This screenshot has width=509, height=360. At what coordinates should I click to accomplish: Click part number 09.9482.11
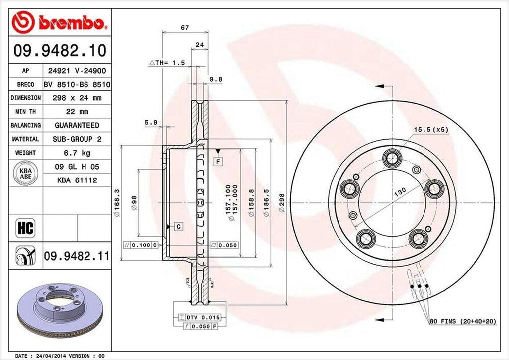pyautogui.click(x=76, y=256)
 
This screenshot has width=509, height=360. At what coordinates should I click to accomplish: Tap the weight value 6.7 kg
pyautogui.click(x=77, y=153)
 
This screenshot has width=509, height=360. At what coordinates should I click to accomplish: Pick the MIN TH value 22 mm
pyautogui.click(x=77, y=112)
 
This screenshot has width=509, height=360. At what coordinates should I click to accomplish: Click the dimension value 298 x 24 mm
pyautogui.click(x=77, y=98)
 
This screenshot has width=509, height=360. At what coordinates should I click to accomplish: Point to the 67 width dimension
pyautogui.click(x=185, y=28)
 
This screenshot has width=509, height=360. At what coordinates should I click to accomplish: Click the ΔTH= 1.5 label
pyautogui.click(x=167, y=63)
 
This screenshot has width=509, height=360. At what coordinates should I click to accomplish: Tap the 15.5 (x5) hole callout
pyautogui.click(x=431, y=130)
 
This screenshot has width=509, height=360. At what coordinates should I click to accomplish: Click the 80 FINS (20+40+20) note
pyautogui.click(x=462, y=322)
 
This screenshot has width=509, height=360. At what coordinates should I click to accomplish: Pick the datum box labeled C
pyautogui.click(x=177, y=227)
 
